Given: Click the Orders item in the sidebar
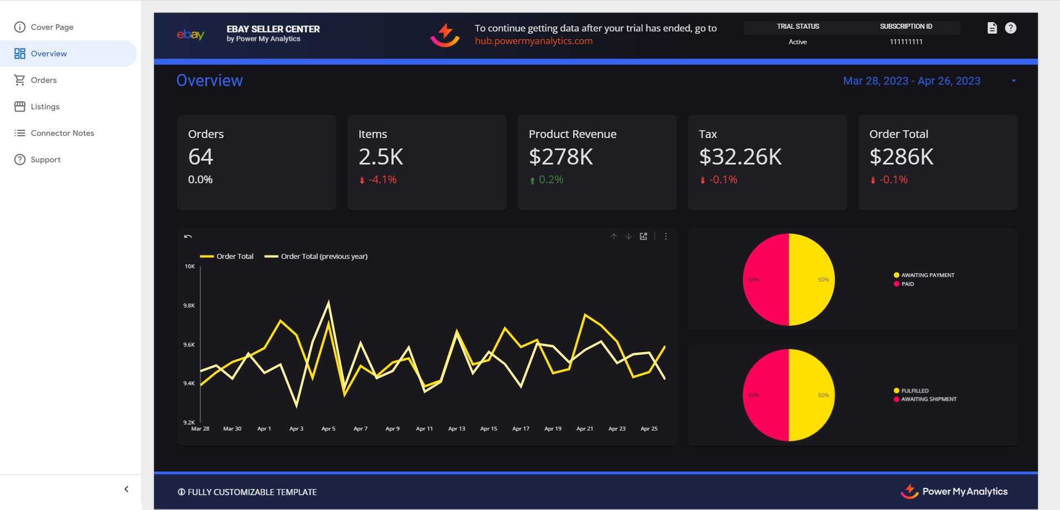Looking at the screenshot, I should tap(44, 80).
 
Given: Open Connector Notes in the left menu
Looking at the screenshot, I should tap(62, 133).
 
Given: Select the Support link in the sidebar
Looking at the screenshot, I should tap(45, 160).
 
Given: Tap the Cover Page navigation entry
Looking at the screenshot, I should tap(52, 27).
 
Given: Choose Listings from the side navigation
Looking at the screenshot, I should tap(45, 107).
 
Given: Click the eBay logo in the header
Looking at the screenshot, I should tap(190, 35).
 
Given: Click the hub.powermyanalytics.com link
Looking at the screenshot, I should tap(533, 41).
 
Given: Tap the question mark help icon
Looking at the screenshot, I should tap(1010, 28).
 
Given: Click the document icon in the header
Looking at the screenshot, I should tap(992, 28).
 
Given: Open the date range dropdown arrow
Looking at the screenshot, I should tap(1014, 81).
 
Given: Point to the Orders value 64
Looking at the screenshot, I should tap(200, 157).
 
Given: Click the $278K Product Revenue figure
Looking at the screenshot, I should tap(560, 157).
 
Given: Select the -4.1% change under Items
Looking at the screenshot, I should tap(382, 180).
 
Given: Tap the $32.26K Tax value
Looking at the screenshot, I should tap(740, 157).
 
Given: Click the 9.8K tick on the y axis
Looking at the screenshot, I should tap(189, 305).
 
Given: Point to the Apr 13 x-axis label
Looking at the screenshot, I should tap(457, 429).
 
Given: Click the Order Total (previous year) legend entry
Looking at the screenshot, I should tap(324, 256).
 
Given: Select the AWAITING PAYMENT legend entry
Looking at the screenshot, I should tap(928, 275).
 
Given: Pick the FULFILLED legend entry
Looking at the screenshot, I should tap(914, 391).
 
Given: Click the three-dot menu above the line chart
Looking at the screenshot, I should tap(666, 236).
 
